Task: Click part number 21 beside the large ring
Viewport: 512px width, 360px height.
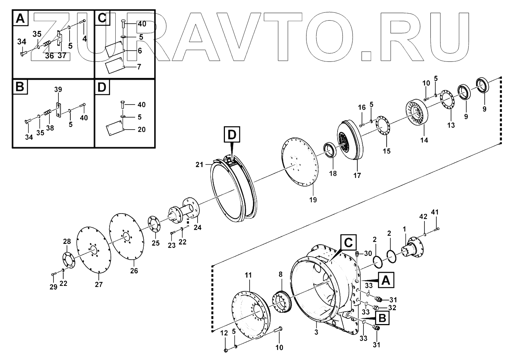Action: (x=199, y=164)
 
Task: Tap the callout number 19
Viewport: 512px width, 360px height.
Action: (x=313, y=200)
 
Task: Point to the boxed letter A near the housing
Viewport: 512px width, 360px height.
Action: (x=386, y=280)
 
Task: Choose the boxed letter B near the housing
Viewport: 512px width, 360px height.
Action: (x=382, y=318)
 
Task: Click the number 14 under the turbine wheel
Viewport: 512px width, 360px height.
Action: (x=424, y=140)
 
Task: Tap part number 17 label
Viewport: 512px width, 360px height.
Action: (x=357, y=175)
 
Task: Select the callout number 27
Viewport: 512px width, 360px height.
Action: (x=98, y=284)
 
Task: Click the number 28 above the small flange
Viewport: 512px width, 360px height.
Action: (x=67, y=242)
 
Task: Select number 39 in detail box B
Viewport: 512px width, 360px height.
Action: (x=58, y=90)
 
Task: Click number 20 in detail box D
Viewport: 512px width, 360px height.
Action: (x=141, y=130)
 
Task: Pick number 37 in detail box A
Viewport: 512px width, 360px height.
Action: (x=62, y=56)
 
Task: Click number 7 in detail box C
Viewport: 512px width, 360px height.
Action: (x=139, y=67)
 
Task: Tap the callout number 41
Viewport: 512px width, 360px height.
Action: (x=435, y=212)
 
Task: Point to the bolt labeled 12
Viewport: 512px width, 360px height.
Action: (x=226, y=350)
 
